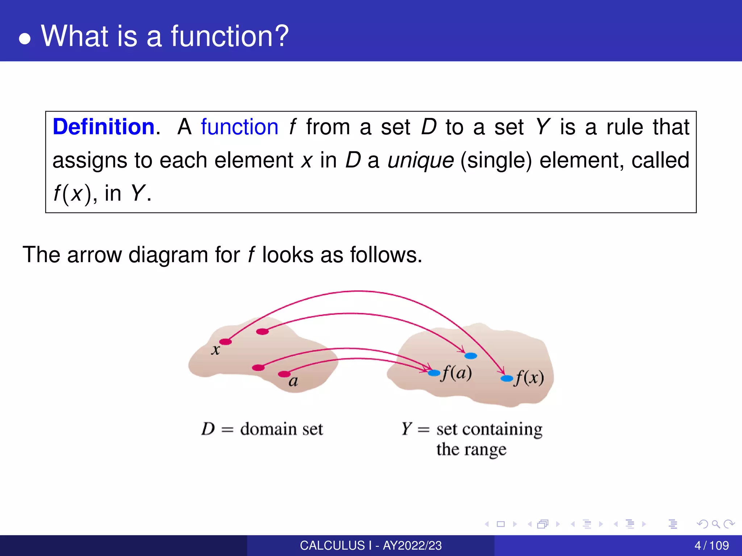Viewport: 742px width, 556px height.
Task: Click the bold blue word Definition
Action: pos(104,127)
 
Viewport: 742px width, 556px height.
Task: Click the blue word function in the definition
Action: pos(239,127)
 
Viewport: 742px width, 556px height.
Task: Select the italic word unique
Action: pos(420,160)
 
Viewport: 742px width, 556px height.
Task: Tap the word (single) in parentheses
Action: pos(496,160)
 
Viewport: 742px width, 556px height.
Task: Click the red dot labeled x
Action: pos(225,341)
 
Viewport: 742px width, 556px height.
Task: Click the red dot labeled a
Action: pos(284,374)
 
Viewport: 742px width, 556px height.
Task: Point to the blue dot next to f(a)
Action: pos(434,372)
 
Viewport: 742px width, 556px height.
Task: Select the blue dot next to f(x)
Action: pos(507,378)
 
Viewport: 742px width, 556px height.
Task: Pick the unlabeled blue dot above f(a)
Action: pos(470,356)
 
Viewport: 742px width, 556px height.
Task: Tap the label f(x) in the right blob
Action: pos(529,378)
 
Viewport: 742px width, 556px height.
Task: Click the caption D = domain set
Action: pos(262,429)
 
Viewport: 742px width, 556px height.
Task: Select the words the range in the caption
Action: pos(471,450)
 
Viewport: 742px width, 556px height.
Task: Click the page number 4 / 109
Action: pos(711,546)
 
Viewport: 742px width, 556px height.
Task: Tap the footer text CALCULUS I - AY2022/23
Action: pos(371,546)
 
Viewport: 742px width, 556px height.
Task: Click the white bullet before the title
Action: pos(25,39)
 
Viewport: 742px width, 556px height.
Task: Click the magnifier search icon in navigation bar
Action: pos(716,524)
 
